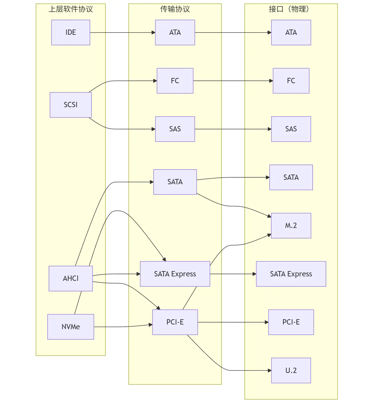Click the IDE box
pos(71,33)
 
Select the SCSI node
pos(71,105)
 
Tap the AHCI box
pos(71,279)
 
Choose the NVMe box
pos(71,327)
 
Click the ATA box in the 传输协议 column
pos(175,33)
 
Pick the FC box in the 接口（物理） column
pos(291,81)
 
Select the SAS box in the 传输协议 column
pos(175,129)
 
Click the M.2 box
pos(291,226)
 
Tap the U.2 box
pos(291,370)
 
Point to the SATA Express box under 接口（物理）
pos(291,274)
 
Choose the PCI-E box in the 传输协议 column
pos(175,322)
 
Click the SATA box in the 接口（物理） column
pos(291,177)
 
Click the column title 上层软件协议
pos(71,9)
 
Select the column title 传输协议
pos(175,9)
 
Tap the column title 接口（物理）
pos(289,9)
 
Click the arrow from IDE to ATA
pos(122,33)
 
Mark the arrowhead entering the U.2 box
pos(269,370)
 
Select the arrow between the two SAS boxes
pos(233,129)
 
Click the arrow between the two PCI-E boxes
pos(233,322)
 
